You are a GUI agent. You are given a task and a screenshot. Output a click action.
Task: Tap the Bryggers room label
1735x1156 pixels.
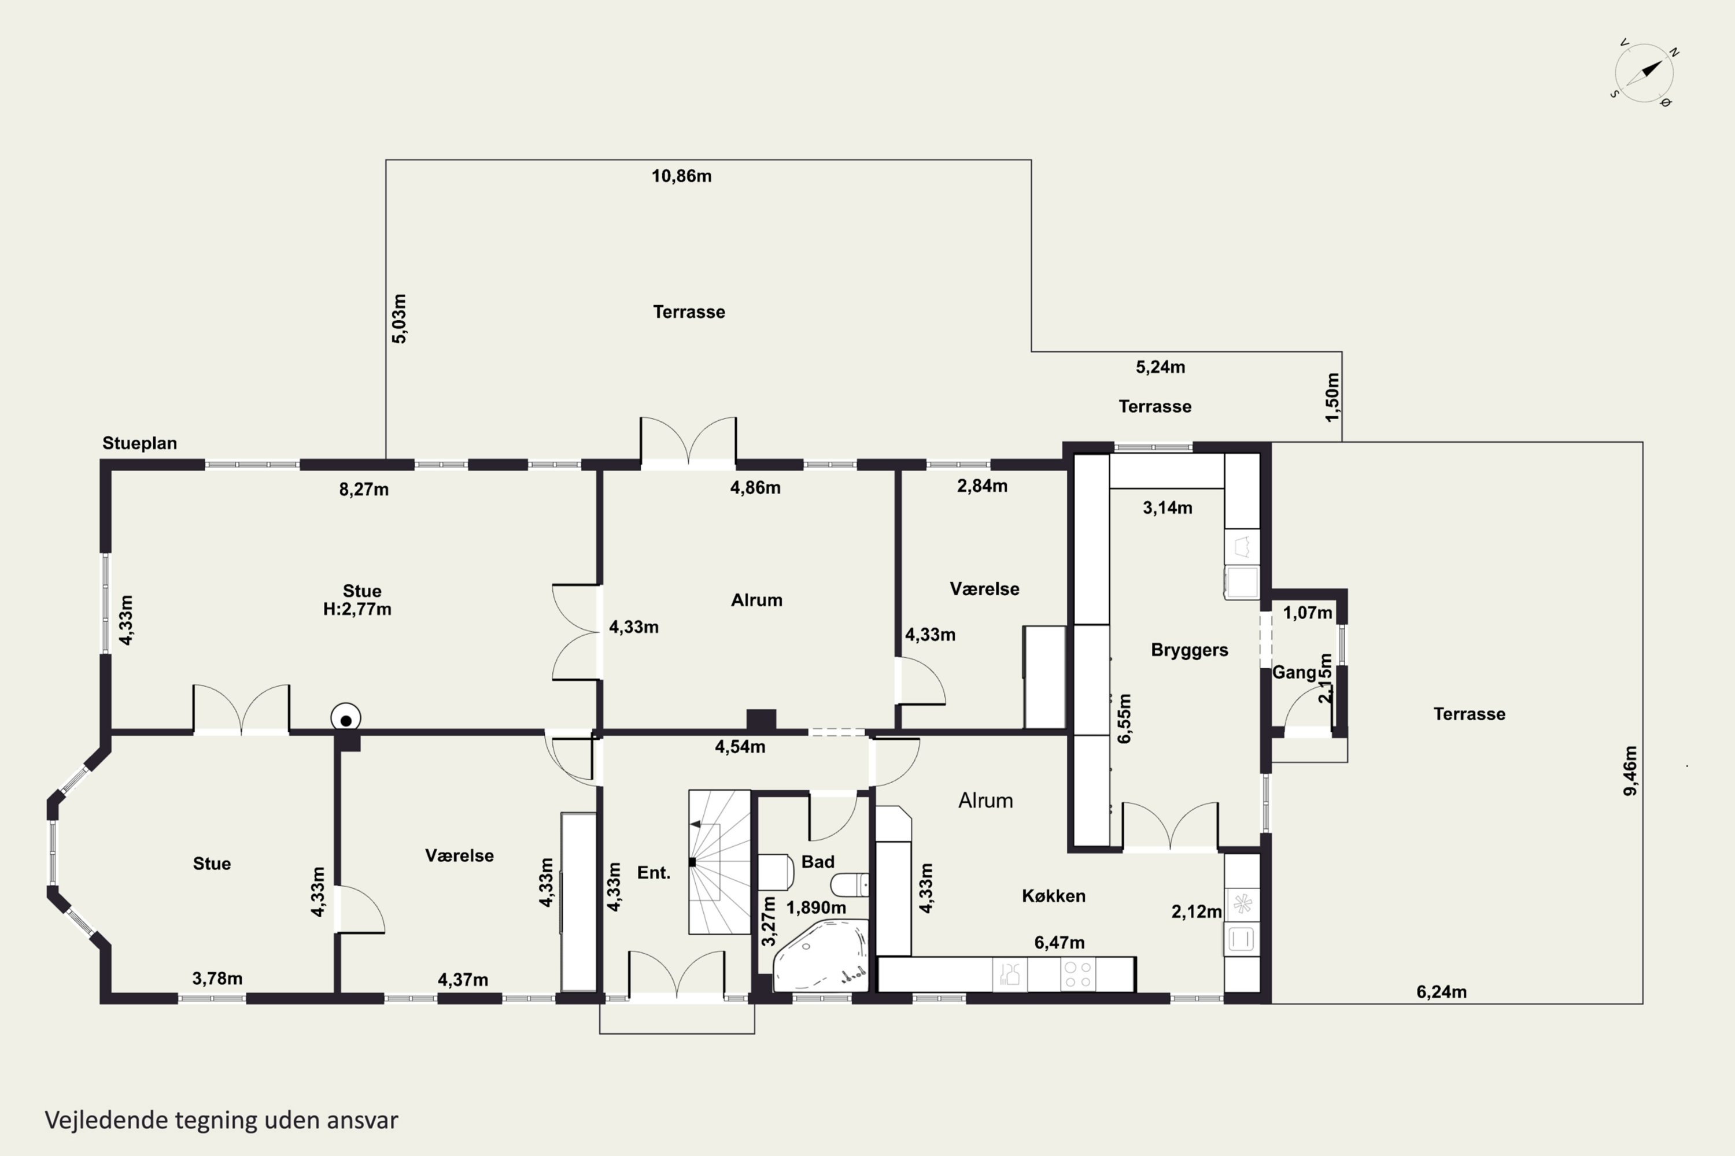coord(1189,650)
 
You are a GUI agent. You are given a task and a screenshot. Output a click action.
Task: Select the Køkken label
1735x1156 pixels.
coord(1053,896)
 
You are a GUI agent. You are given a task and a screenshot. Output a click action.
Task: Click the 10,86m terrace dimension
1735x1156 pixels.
coord(681,176)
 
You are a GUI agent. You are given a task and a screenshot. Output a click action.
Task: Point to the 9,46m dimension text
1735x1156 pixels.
coord(1630,771)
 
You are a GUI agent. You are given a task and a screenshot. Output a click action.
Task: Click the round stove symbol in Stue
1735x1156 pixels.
coord(345,718)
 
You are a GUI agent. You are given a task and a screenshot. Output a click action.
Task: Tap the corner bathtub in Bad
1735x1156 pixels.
coord(820,955)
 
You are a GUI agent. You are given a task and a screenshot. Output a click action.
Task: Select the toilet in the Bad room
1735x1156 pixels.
coord(850,884)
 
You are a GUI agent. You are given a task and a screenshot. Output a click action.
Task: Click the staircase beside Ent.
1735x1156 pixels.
coord(719,862)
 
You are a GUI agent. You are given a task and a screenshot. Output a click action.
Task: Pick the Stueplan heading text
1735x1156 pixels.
coord(139,443)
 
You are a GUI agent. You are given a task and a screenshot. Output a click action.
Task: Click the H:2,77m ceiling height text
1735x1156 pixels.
coord(357,610)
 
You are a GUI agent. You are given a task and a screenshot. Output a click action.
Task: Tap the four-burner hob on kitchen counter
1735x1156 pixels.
coord(1078,974)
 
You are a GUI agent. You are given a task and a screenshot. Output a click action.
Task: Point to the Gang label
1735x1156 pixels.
coord(1294,672)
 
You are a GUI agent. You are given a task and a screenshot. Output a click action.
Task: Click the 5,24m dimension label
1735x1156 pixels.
coord(1160,367)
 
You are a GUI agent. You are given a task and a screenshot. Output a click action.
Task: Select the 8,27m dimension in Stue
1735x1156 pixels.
coord(364,490)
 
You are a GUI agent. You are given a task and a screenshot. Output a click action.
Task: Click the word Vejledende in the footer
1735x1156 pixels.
coord(106,1120)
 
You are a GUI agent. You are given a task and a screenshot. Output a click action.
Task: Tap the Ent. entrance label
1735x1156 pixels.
coord(654,873)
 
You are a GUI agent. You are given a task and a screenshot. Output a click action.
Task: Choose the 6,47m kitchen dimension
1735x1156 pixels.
coord(1060,942)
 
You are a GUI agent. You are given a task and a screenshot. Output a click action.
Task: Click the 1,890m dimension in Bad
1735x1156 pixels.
coord(816,907)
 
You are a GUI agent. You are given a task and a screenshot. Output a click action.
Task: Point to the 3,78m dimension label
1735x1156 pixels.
coord(217,979)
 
